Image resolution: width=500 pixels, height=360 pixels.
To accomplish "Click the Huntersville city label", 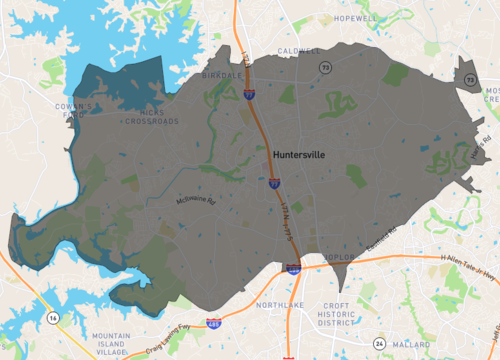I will tap(299, 155).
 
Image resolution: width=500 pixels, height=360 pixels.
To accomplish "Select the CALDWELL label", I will tap(301, 51).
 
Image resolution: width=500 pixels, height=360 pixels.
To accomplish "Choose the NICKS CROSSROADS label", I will tap(146, 118).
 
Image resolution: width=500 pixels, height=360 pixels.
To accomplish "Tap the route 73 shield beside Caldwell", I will tap(325, 66).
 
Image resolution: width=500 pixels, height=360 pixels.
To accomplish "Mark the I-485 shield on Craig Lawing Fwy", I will tap(213, 324).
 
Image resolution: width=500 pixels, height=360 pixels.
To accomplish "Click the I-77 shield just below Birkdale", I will tap(247, 93).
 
